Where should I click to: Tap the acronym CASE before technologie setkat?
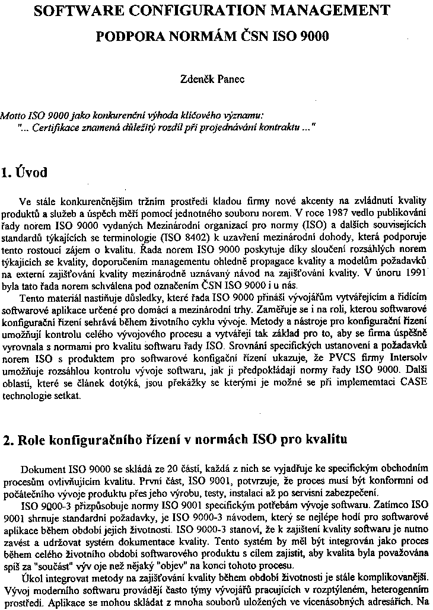(x=416, y=385)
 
